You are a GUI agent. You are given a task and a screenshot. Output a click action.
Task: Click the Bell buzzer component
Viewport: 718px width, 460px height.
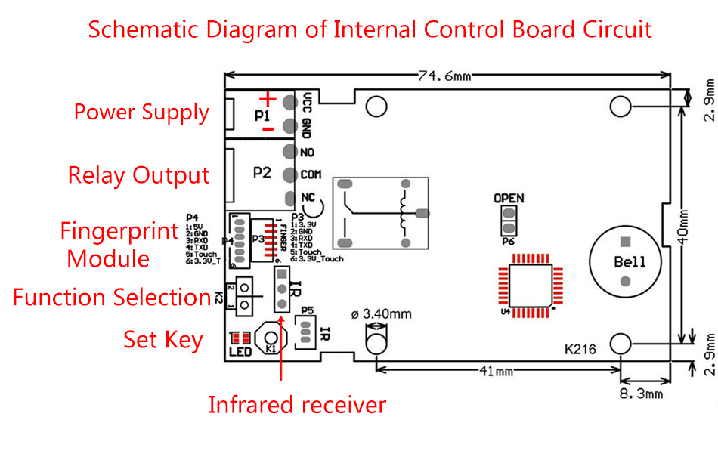[625, 261]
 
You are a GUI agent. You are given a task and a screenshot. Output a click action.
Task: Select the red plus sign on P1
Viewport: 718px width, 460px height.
[267, 99]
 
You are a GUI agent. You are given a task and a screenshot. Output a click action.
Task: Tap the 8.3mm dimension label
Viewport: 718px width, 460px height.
[641, 394]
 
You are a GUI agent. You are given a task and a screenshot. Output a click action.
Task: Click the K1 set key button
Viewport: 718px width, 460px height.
[270, 339]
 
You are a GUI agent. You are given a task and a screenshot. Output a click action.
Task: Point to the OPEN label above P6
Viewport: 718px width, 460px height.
[509, 199]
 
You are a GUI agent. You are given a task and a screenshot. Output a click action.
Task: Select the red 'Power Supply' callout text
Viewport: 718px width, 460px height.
[141, 113]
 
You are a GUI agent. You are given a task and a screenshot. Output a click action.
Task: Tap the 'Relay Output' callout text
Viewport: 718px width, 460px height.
[138, 175]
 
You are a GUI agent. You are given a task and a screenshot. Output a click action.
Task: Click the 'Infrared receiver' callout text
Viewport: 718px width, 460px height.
[297, 405]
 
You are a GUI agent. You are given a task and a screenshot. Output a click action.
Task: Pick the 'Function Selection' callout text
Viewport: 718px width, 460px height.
[111, 297]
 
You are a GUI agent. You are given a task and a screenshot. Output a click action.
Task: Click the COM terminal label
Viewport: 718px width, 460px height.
[311, 174]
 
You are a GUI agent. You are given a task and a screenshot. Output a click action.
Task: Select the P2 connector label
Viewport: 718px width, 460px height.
[262, 171]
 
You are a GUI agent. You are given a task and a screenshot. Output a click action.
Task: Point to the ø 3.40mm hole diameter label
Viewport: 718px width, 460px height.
[382, 313]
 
